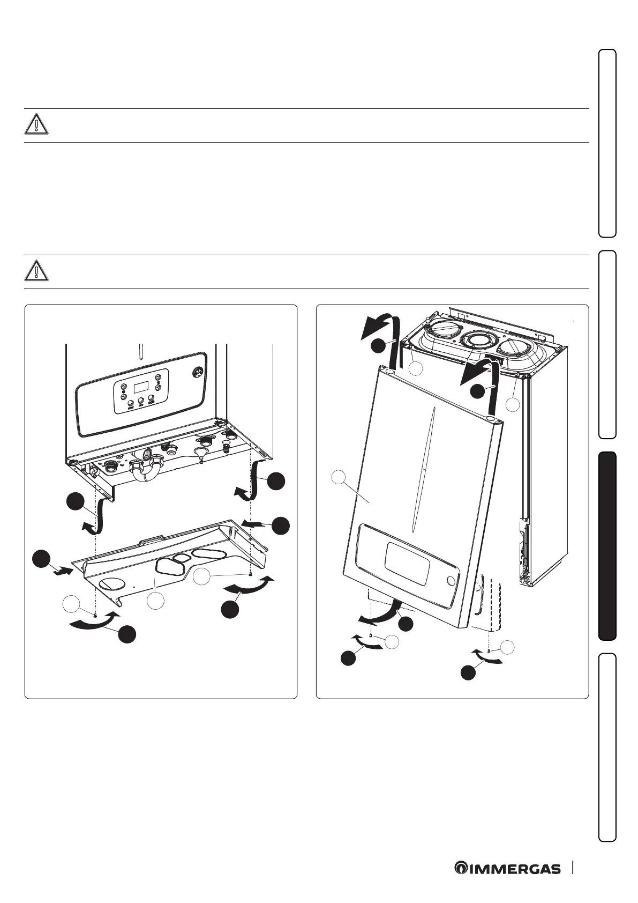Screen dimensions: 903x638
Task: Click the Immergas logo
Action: [507, 869]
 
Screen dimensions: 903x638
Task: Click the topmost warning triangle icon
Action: [36, 123]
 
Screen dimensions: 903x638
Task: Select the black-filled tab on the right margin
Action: [607, 546]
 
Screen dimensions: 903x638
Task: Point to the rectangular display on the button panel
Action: [140, 387]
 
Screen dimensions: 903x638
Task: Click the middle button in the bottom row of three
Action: [140, 399]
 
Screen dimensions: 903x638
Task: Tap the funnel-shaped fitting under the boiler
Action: [201, 457]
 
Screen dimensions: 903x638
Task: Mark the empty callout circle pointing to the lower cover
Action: [155, 601]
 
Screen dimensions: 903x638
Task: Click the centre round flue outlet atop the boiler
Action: [474, 341]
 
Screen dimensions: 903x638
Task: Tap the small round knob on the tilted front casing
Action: [452, 581]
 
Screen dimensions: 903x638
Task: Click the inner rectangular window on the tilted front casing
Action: [407, 563]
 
